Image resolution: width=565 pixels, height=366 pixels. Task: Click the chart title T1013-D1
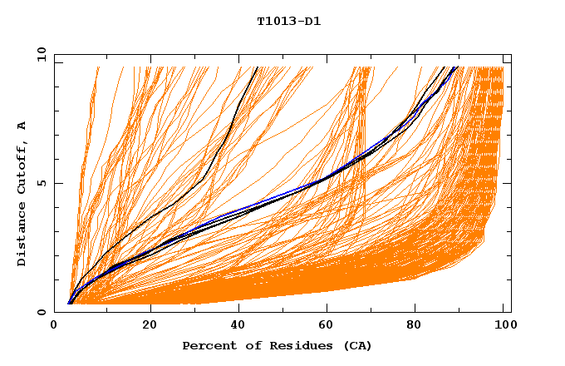(288, 22)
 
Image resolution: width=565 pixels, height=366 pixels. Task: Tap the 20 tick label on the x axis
(150, 325)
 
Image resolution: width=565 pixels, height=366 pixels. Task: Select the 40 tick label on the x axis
(240, 325)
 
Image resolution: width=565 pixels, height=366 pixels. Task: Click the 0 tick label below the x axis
(54, 325)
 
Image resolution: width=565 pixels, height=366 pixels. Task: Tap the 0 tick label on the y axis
(41, 312)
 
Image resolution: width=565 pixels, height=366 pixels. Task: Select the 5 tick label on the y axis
(41, 183)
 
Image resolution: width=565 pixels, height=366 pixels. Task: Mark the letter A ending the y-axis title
(22, 125)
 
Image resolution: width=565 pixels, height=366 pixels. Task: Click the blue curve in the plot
(274, 200)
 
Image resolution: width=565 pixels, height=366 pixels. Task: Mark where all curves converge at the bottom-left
(70, 303)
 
